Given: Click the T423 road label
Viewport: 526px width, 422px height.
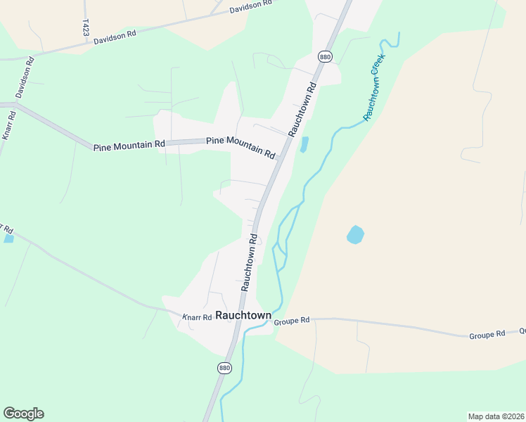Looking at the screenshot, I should click(x=86, y=28).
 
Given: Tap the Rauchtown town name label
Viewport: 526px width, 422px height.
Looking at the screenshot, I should click(x=243, y=315).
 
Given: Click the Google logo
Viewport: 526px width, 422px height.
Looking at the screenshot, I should click(x=23, y=414).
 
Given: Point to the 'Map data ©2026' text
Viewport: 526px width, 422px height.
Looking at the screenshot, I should click(x=496, y=416).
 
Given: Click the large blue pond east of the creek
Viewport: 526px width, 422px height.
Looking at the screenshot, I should click(x=356, y=235).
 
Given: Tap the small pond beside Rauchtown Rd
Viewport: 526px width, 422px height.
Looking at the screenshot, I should click(x=304, y=145).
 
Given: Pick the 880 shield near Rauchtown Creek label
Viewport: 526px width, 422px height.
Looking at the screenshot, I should click(x=324, y=56).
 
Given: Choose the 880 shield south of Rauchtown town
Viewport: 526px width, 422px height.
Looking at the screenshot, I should click(x=224, y=368).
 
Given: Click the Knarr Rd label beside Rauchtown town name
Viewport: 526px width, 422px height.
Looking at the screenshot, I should click(x=197, y=318).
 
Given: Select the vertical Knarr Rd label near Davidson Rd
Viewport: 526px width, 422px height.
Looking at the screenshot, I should click(x=8, y=125).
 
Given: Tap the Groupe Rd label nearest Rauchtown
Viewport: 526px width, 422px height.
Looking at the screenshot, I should click(x=292, y=321).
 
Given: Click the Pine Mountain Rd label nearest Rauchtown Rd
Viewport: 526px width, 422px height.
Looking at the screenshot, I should click(x=240, y=146).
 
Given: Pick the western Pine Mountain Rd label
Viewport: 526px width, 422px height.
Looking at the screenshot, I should click(x=129, y=145).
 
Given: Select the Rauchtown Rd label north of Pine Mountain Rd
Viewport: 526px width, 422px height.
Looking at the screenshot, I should click(x=302, y=109).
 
